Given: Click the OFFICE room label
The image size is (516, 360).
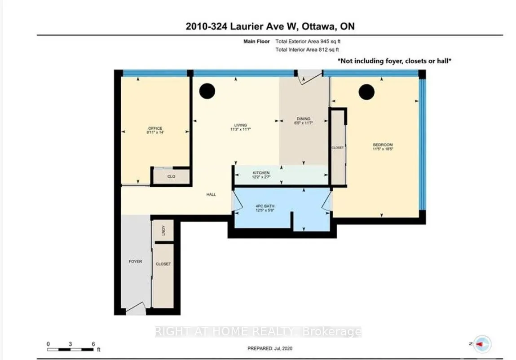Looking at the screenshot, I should tap(155, 128).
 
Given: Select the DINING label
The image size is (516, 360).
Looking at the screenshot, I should tap(303, 119).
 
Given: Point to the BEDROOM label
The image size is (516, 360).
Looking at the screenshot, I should tap(383, 145).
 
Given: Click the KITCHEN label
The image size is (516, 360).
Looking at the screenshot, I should tap(261, 173).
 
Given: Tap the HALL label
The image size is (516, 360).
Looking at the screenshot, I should tap(211, 194).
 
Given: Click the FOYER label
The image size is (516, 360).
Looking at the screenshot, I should tap(135, 261).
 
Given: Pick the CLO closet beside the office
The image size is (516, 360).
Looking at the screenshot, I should tap(171, 176).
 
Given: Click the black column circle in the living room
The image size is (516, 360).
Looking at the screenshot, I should tap(207, 92).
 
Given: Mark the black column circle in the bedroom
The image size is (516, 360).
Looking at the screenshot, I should tap(366, 92).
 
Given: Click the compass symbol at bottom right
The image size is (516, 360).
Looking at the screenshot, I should tap(483, 343).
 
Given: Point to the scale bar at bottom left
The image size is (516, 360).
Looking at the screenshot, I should tap(71, 348).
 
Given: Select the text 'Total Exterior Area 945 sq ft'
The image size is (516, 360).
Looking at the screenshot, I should tap(311, 41).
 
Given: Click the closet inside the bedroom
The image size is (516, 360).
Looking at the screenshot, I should tap(337, 147).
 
